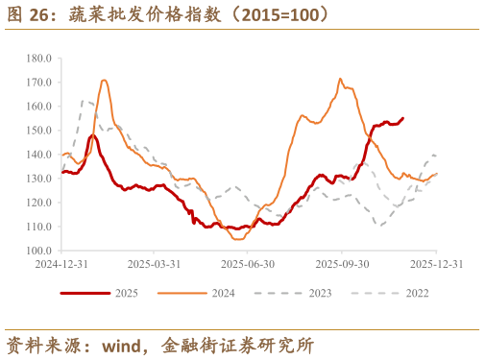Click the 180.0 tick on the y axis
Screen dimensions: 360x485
point(39,58)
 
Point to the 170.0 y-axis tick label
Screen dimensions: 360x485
point(39,82)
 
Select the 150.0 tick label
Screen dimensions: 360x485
point(39,130)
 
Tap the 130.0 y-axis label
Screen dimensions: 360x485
point(39,178)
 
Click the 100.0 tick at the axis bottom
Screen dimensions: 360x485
point(39,250)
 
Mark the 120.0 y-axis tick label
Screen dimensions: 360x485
point(39,202)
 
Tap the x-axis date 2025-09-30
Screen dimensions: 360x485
point(343,263)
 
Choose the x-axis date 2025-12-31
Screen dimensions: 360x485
point(437,263)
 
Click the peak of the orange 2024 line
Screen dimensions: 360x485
point(340,79)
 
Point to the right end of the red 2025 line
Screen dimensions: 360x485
point(402,118)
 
